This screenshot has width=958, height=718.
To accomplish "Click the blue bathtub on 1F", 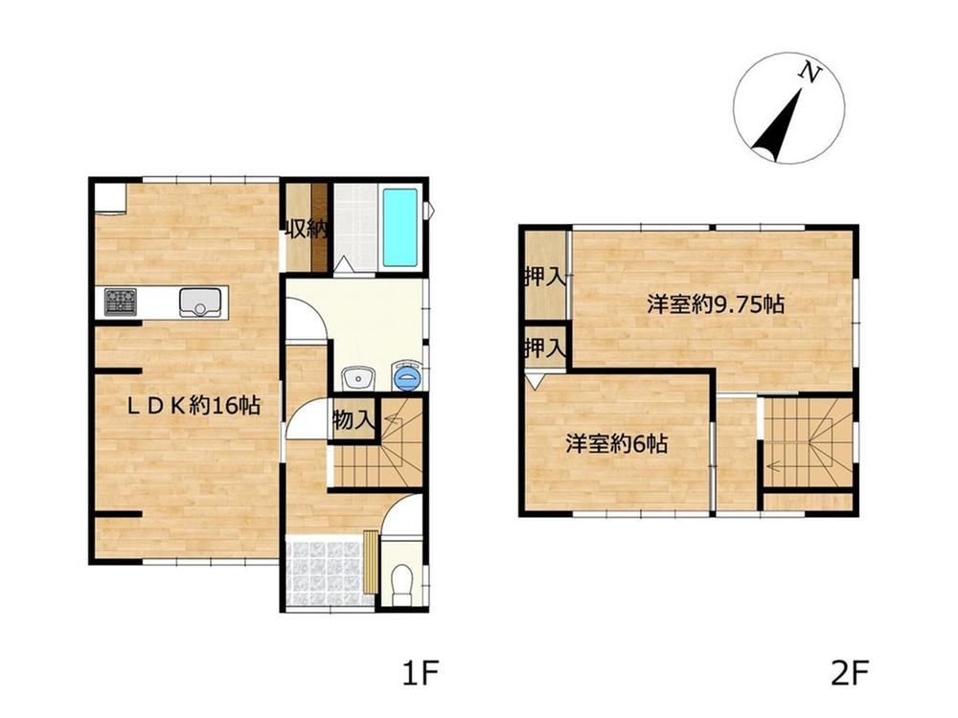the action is click(x=400, y=227).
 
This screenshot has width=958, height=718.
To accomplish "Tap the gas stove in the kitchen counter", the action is click(x=121, y=302).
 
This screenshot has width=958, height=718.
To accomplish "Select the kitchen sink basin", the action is click(x=200, y=303).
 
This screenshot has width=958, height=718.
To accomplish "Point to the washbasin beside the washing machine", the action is click(x=357, y=378).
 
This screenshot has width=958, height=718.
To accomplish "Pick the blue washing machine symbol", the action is click(x=406, y=376).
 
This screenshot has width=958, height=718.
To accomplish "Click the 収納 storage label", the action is click(x=305, y=229).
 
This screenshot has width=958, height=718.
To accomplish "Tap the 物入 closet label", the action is click(x=354, y=419).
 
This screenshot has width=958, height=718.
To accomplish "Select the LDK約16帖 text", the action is click(x=194, y=405).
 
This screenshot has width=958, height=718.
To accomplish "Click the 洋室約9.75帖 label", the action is click(x=716, y=304).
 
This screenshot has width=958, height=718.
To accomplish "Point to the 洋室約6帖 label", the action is click(x=616, y=444).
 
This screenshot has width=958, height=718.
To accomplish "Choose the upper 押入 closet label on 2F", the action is click(x=544, y=278).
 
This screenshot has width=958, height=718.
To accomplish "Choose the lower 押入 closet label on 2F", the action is click(x=544, y=349).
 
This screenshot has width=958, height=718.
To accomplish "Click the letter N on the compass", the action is click(x=810, y=74).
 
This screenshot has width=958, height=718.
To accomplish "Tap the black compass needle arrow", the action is click(x=777, y=126).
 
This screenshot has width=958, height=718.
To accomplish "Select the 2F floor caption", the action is click(x=850, y=673).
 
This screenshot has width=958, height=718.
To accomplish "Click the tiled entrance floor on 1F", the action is click(x=327, y=572).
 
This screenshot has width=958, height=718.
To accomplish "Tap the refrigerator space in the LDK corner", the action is click(x=110, y=199).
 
